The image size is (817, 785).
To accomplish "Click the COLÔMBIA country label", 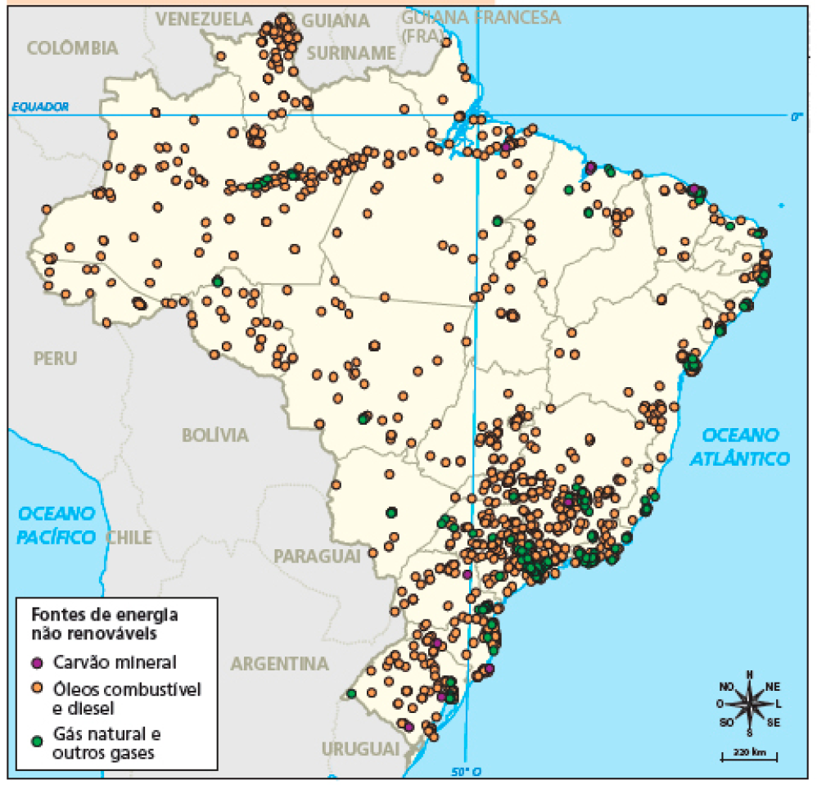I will [x=73, y=48].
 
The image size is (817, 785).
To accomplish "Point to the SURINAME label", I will [x=350, y=53].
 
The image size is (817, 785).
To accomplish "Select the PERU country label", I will [x=56, y=358].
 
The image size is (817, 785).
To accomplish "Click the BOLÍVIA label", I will [x=214, y=435].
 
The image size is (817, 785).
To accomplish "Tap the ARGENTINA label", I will [x=279, y=663].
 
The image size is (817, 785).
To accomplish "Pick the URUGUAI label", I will [x=360, y=749].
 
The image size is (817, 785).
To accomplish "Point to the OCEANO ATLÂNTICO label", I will [x=744, y=446].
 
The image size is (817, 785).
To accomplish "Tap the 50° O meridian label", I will [x=466, y=771].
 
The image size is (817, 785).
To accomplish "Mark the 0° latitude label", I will [x=797, y=117].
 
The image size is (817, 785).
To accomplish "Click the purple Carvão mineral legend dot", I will [x=36, y=662].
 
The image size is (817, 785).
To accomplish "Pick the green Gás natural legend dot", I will [x=36, y=740].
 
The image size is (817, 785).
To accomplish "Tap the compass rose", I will [x=749, y=703].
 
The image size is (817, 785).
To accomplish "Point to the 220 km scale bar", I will [x=748, y=754].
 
